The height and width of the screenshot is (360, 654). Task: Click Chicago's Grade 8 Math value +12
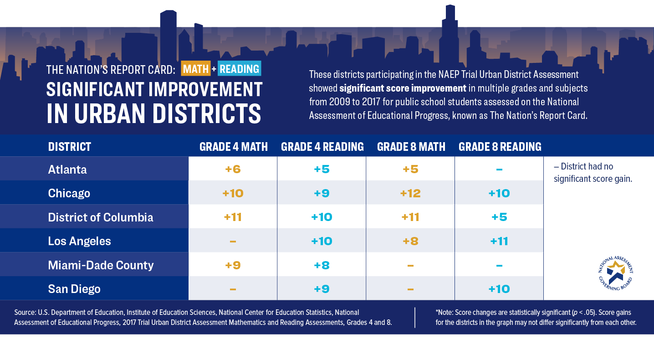click(x=410, y=193)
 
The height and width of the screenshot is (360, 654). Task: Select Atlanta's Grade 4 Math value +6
click(x=233, y=170)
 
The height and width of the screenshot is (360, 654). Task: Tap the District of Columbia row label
click(x=101, y=217)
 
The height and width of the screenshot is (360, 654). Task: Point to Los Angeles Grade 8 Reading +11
click(x=499, y=241)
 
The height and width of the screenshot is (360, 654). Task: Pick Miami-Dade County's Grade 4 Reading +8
click(x=322, y=265)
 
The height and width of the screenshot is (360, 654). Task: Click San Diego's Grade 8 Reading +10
click(x=499, y=289)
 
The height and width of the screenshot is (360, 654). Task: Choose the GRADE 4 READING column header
click(x=322, y=147)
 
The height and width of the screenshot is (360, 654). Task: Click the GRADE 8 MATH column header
click(x=411, y=147)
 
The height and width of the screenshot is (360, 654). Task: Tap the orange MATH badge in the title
click(x=196, y=69)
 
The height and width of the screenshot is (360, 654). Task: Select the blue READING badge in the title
click(x=239, y=69)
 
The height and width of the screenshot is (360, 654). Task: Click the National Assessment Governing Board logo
click(x=616, y=274)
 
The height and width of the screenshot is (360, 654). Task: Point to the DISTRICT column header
click(x=70, y=147)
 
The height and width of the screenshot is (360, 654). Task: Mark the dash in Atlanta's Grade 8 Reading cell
click(x=499, y=170)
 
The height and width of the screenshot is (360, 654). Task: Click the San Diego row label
click(x=74, y=289)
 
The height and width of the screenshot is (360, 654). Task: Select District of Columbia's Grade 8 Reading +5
click(x=499, y=217)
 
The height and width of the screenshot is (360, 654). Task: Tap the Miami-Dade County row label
click(x=101, y=265)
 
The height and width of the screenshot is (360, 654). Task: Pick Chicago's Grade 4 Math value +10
click(x=233, y=193)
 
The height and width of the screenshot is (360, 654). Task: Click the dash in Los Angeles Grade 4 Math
click(x=233, y=241)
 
